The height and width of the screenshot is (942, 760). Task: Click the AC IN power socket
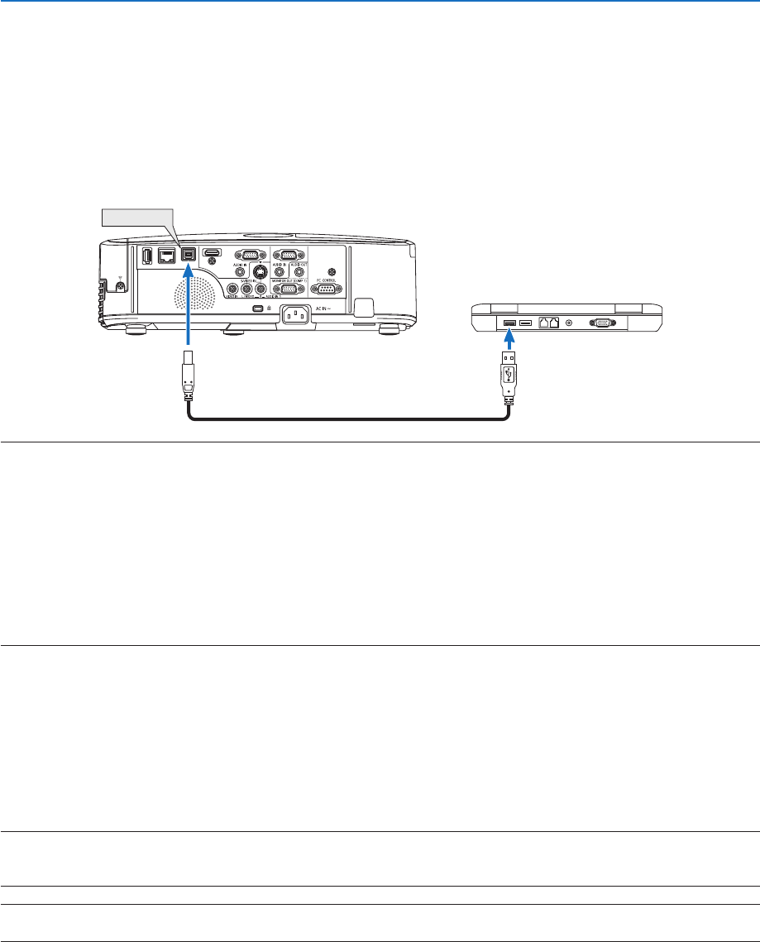299,316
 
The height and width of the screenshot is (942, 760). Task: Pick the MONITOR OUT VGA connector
286,289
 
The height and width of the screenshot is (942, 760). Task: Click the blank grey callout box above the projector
136,218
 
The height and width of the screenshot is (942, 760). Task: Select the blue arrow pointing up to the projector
189,310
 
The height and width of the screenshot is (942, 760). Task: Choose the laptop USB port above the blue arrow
509,322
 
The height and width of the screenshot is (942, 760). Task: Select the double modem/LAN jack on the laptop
547,322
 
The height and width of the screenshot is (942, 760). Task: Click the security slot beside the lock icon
257,309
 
